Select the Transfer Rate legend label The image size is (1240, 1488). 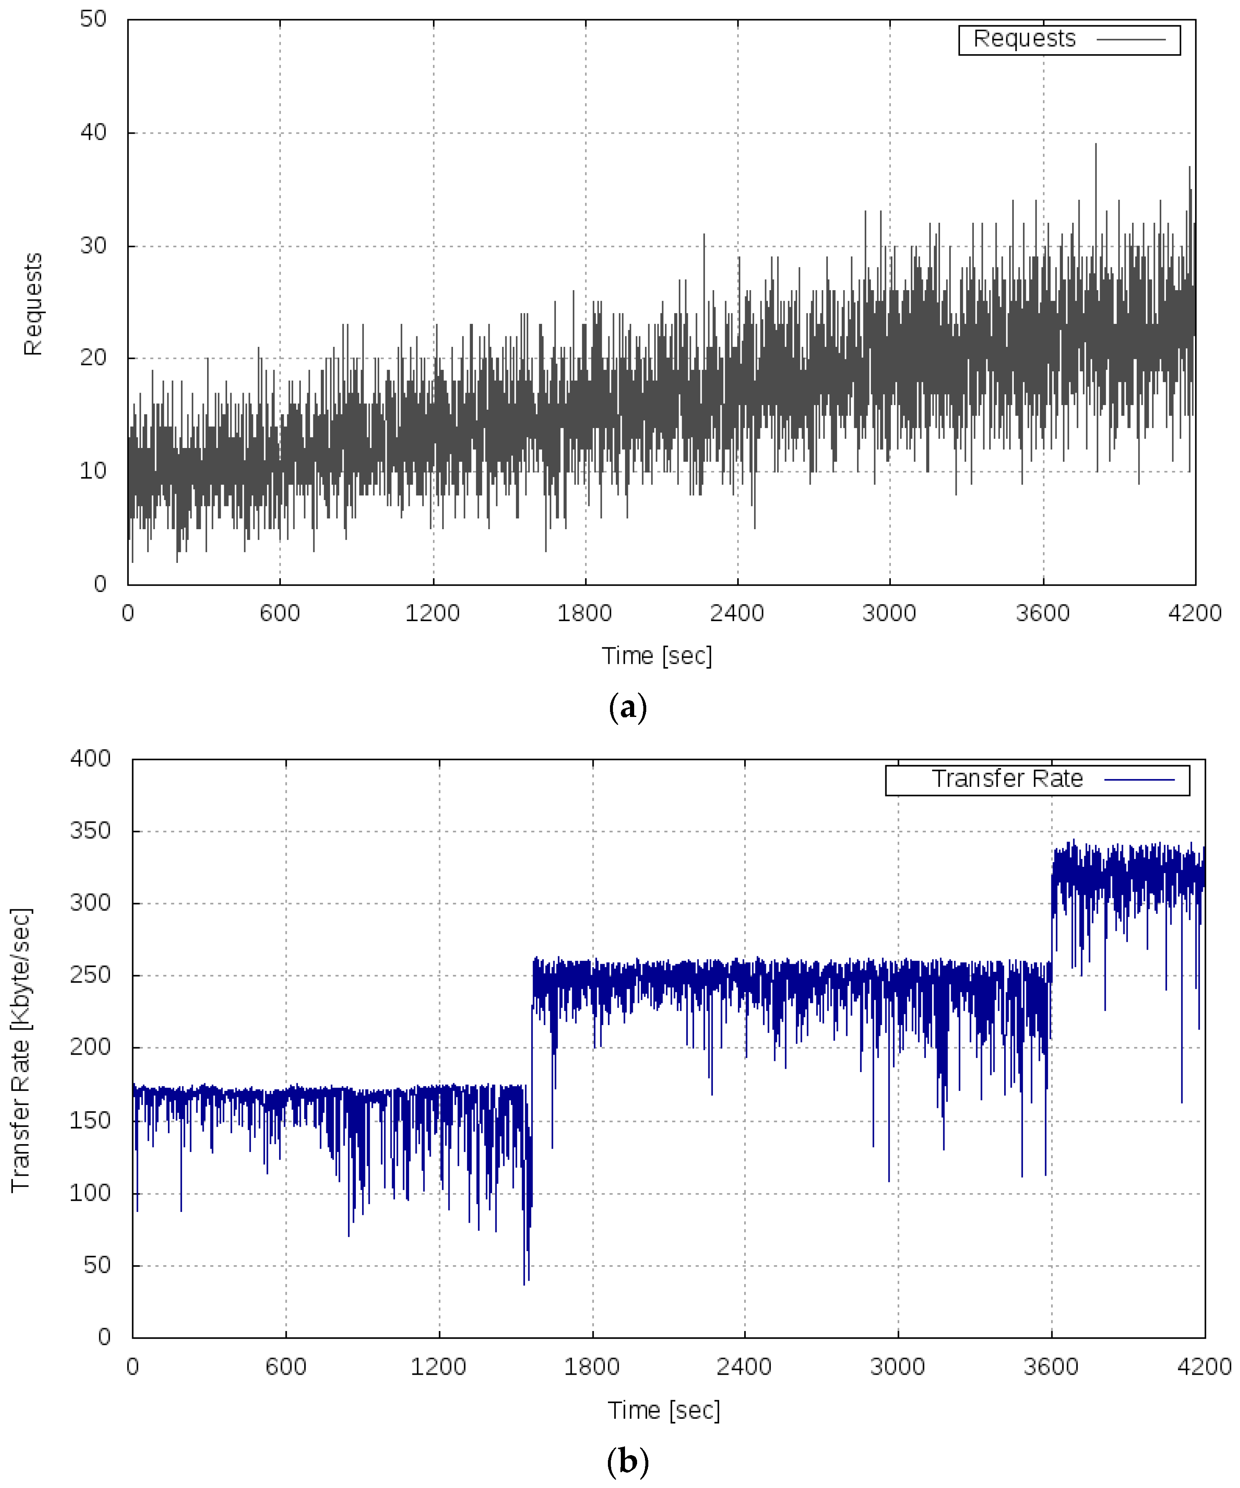1007,779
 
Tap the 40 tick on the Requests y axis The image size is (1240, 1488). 93,132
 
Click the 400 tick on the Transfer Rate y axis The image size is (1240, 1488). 90,759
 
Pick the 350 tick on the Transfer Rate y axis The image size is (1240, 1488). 90,831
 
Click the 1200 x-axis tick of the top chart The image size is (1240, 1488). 432,613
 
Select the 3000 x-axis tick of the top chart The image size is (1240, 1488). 889,613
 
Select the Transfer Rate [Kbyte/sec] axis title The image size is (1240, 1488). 21,1049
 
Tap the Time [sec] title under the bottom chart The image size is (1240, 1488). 664,1410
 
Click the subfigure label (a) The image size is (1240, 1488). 627,708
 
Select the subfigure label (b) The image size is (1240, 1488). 627,1461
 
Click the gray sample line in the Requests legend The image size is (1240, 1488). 1131,40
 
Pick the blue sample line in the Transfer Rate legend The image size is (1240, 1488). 1139,779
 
